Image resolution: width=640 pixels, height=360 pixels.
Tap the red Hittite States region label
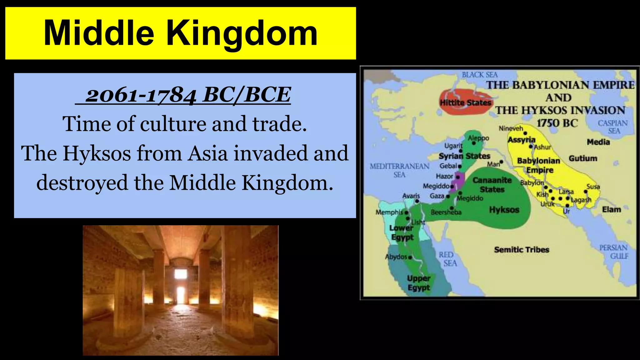465,102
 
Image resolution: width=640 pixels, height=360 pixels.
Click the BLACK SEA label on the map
480,75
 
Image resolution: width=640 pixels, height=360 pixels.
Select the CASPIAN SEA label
612,127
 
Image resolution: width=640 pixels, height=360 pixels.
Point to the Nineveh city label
511,128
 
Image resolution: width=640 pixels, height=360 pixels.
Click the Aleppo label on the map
478,138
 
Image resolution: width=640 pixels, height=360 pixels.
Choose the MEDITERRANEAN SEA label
399,170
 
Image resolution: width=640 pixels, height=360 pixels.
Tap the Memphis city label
389,212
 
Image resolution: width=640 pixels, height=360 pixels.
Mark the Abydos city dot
410,257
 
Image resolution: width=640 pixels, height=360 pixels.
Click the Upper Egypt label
419,282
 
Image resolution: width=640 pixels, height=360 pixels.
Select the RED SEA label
447,259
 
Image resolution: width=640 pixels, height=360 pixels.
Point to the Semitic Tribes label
522,250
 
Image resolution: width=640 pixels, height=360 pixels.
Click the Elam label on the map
612,209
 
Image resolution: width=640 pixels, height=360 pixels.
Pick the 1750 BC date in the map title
557,123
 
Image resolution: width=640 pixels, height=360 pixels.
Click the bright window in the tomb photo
181,274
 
